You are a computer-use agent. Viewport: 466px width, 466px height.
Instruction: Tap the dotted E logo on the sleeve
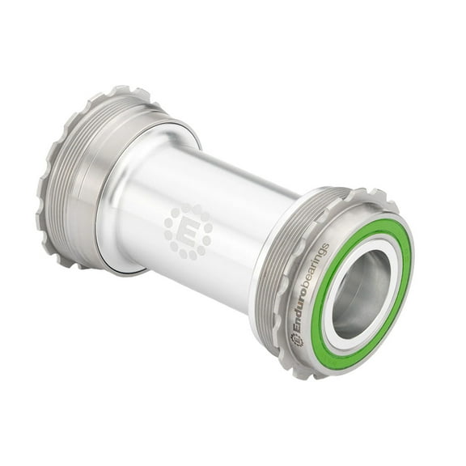(x=188, y=230)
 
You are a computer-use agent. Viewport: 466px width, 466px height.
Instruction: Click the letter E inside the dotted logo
(x=188, y=231)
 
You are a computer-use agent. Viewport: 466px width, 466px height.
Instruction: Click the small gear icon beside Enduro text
(x=298, y=340)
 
